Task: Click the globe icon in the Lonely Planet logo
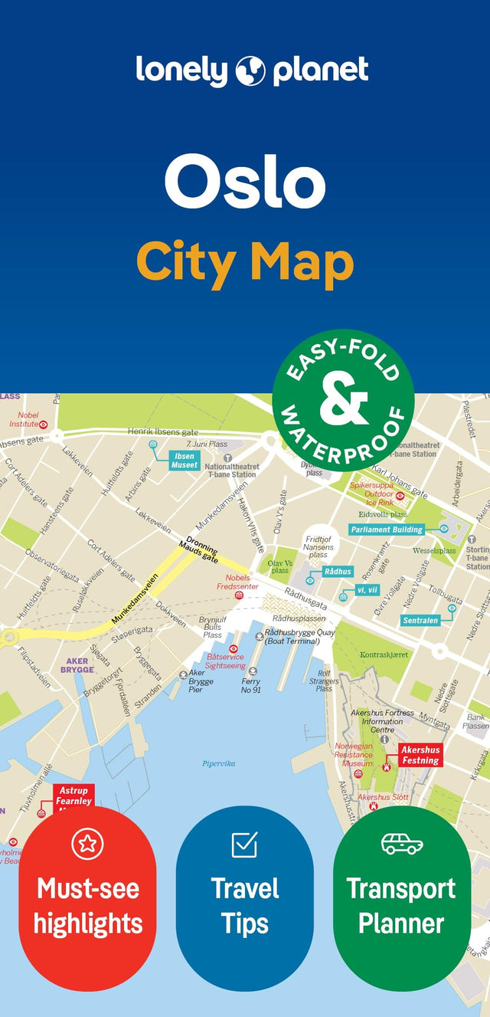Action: [251, 71]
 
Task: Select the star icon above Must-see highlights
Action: [87, 844]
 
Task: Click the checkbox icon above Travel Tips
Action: [244, 844]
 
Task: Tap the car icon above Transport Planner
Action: [401, 844]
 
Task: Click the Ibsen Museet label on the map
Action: [185, 460]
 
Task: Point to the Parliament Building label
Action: [387, 530]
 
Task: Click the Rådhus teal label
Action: [337, 572]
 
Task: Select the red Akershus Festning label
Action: [420, 755]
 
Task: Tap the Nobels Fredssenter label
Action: [237, 582]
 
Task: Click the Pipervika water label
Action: [219, 763]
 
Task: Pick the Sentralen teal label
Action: [420, 620]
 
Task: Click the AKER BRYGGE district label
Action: [77, 664]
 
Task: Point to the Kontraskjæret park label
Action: [384, 655]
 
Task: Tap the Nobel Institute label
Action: [24, 419]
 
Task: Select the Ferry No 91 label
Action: [250, 686]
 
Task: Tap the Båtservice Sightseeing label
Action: [225, 661]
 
